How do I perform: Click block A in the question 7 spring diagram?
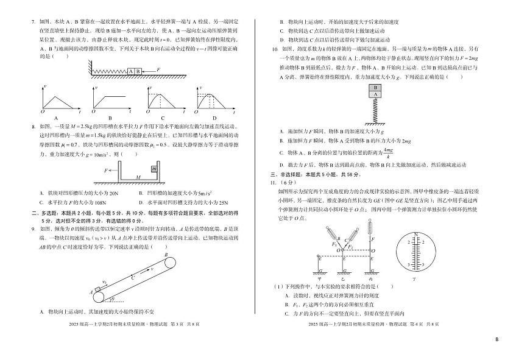[131, 71]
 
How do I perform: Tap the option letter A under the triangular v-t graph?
[56, 118]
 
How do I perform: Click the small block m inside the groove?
[154, 169]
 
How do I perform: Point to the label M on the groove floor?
[138, 177]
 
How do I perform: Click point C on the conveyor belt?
[133, 277]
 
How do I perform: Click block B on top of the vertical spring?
[375, 88]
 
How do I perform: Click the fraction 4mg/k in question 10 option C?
[387, 153]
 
